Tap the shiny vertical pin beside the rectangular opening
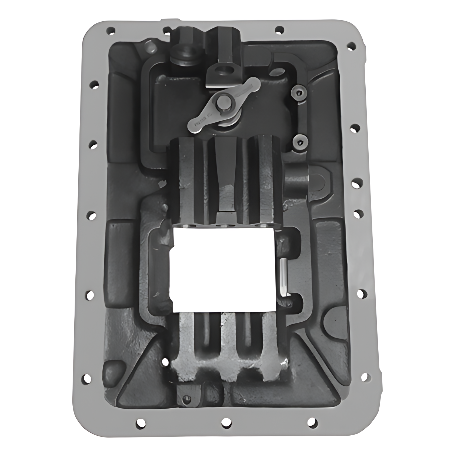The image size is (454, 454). (283, 277)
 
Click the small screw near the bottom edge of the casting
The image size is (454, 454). (185, 399)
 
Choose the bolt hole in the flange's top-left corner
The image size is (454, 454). (111, 30)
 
